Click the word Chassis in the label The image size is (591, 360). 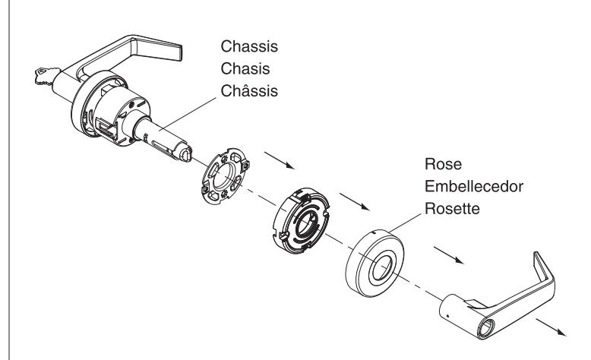[x=249, y=46]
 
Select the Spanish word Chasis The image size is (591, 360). [x=245, y=68]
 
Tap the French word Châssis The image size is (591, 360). [x=249, y=90]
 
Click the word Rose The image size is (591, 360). [x=444, y=164]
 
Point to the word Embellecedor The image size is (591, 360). [x=474, y=186]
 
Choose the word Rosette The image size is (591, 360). [x=452, y=208]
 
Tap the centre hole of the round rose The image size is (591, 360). [x=381, y=267]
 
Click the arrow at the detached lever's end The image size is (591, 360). [x=551, y=327]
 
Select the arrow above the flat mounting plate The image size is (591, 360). [x=280, y=160]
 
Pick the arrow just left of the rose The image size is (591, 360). [x=448, y=255]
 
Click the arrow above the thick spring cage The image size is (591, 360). [x=354, y=202]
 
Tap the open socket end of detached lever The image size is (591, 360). [x=486, y=327]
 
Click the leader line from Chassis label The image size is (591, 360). [x=188, y=114]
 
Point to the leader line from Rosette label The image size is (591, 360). [x=405, y=223]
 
